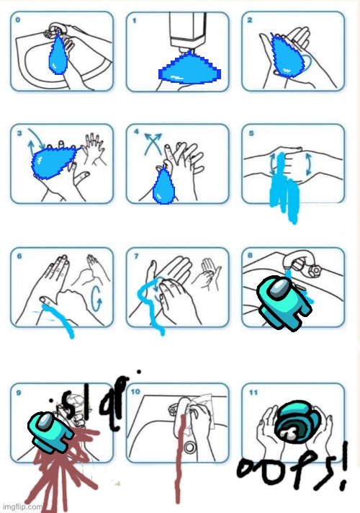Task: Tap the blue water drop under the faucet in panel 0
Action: [58, 53]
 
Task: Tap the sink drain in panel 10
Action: [190, 447]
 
